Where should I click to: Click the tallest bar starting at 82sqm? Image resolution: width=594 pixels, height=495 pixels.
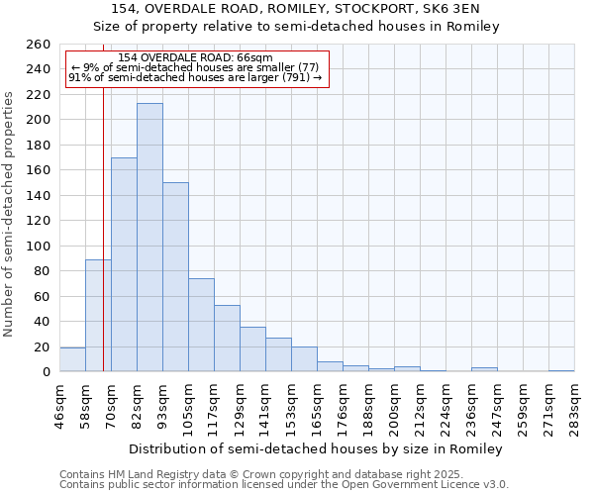point(149,238)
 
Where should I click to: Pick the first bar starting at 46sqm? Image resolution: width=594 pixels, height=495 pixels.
point(72,360)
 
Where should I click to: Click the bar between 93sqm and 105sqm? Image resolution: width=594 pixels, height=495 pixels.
point(175,277)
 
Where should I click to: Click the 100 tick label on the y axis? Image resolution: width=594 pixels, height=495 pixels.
point(38,246)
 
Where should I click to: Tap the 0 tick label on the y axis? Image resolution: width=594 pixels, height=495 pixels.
point(46,372)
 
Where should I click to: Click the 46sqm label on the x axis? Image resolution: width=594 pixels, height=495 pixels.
point(59,406)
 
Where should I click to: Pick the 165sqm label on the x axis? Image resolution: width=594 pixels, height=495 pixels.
point(317,406)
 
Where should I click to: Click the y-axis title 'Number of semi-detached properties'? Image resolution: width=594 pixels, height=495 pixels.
point(10,213)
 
